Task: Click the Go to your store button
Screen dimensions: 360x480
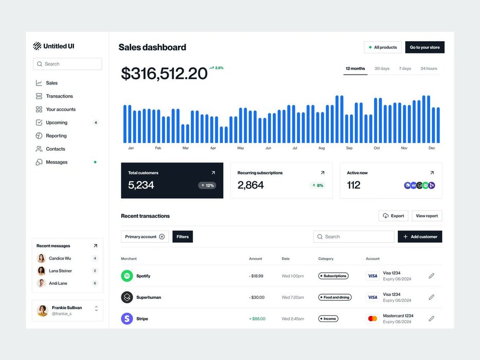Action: pos(424,47)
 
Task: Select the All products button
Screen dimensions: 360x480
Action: pos(383,47)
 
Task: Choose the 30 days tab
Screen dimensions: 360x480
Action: pos(382,68)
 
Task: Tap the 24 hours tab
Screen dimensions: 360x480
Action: pos(429,68)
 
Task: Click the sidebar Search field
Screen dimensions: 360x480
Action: pos(67,64)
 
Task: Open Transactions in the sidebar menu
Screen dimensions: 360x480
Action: pos(59,96)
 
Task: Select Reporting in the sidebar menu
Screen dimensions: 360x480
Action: pos(56,136)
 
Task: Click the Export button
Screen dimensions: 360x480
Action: pos(393,216)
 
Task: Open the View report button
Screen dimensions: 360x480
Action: pos(426,216)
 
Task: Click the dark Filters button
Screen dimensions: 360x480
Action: pos(183,237)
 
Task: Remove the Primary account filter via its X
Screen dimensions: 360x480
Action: pos(162,237)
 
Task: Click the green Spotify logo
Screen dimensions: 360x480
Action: pos(127,276)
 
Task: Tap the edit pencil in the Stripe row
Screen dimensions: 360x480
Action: pos(431,319)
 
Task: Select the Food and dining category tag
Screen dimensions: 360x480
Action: pos(335,297)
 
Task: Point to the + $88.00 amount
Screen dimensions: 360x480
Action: pos(257,319)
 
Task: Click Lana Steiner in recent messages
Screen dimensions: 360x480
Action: pos(60,271)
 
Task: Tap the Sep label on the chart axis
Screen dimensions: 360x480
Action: pos(349,148)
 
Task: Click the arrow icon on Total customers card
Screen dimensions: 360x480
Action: pos(213,173)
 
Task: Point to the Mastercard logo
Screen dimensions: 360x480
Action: pos(372,319)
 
